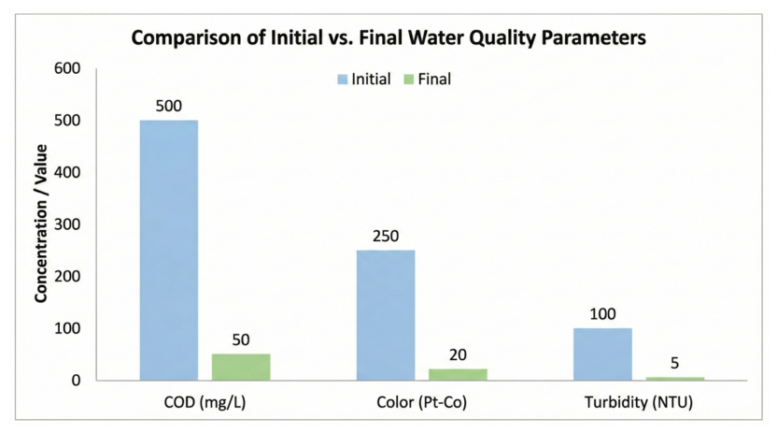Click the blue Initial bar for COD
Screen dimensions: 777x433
pos(168,251)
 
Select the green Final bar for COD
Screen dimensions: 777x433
pos(241,367)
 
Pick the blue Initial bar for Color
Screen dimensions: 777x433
pos(386,315)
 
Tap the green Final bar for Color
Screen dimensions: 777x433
pos(458,375)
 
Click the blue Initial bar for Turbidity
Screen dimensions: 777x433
pos(602,354)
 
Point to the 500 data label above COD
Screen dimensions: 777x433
pos(168,106)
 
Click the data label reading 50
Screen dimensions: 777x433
pos(241,339)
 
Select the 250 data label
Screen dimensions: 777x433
pos(386,236)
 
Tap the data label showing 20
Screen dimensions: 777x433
pos(458,354)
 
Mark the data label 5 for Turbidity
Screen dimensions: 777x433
pos(674,363)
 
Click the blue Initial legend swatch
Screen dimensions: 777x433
pos(343,79)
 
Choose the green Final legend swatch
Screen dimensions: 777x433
pos(409,79)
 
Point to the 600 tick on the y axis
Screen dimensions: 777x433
pos(67,68)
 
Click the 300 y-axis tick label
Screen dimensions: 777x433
pos(67,224)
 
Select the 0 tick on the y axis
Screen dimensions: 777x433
pos(76,381)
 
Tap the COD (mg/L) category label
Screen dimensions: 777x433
pos(205,402)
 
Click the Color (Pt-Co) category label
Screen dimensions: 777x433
pos(422,402)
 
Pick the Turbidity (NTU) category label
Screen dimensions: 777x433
pos(638,402)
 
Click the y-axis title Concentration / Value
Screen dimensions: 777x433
pos(41,224)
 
